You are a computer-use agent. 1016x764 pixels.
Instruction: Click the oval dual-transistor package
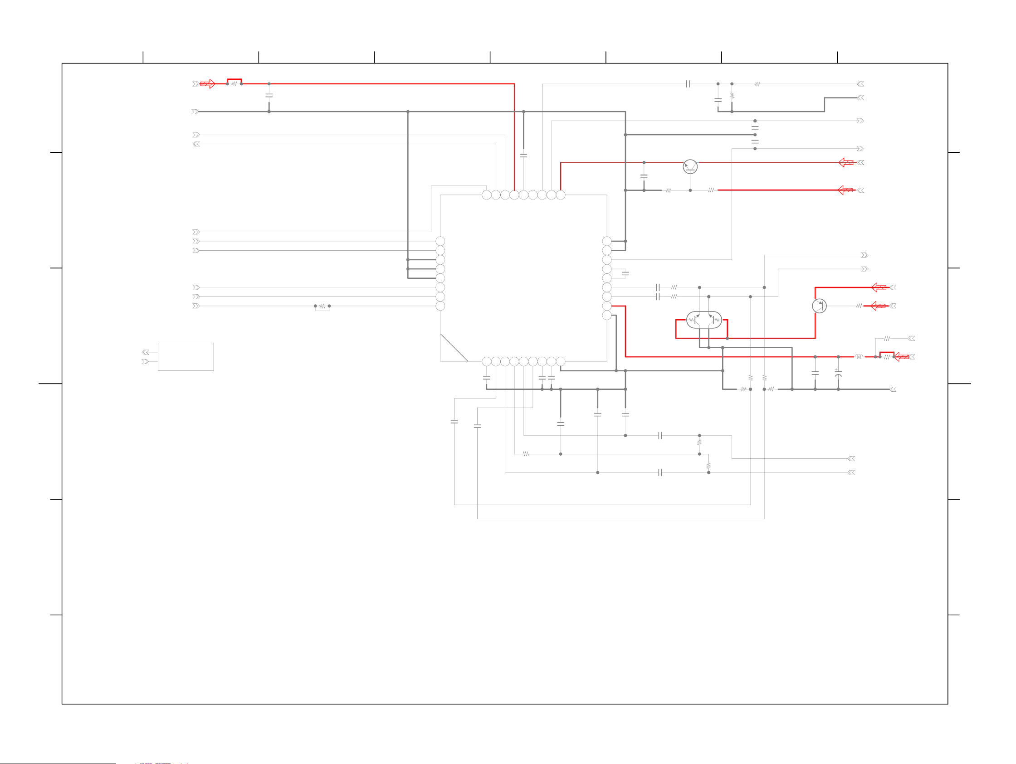(703, 320)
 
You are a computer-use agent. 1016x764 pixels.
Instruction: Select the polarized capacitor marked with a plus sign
(838, 374)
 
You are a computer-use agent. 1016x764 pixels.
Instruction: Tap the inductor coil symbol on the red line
(859, 357)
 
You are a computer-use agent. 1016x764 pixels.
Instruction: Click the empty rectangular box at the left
(186, 357)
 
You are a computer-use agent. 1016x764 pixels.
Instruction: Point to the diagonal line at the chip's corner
(454, 348)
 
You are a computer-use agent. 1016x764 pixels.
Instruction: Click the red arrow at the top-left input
(208, 84)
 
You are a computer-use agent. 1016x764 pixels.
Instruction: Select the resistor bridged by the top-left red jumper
(234, 84)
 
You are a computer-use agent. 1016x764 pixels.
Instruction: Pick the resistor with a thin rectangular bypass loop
(322, 306)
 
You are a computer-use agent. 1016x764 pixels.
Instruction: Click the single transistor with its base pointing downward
(690, 167)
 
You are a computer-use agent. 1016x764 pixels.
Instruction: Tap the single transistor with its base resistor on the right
(819, 306)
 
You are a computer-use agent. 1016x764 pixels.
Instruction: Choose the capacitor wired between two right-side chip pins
(625, 274)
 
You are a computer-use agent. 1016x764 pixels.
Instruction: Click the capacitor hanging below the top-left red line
(269, 96)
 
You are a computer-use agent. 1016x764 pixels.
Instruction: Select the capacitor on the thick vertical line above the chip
(523, 156)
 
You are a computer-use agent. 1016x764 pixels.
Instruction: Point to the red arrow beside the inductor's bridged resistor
(901, 357)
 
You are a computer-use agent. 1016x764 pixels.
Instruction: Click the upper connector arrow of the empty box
(146, 352)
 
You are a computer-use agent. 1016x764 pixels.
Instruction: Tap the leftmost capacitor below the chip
(454, 422)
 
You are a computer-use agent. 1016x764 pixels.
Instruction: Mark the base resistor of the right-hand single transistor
(859, 306)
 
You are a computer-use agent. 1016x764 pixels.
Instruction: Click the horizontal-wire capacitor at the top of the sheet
(688, 84)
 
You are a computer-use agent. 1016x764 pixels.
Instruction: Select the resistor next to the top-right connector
(757, 84)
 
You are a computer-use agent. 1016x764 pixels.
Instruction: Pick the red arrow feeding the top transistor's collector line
(846, 162)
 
